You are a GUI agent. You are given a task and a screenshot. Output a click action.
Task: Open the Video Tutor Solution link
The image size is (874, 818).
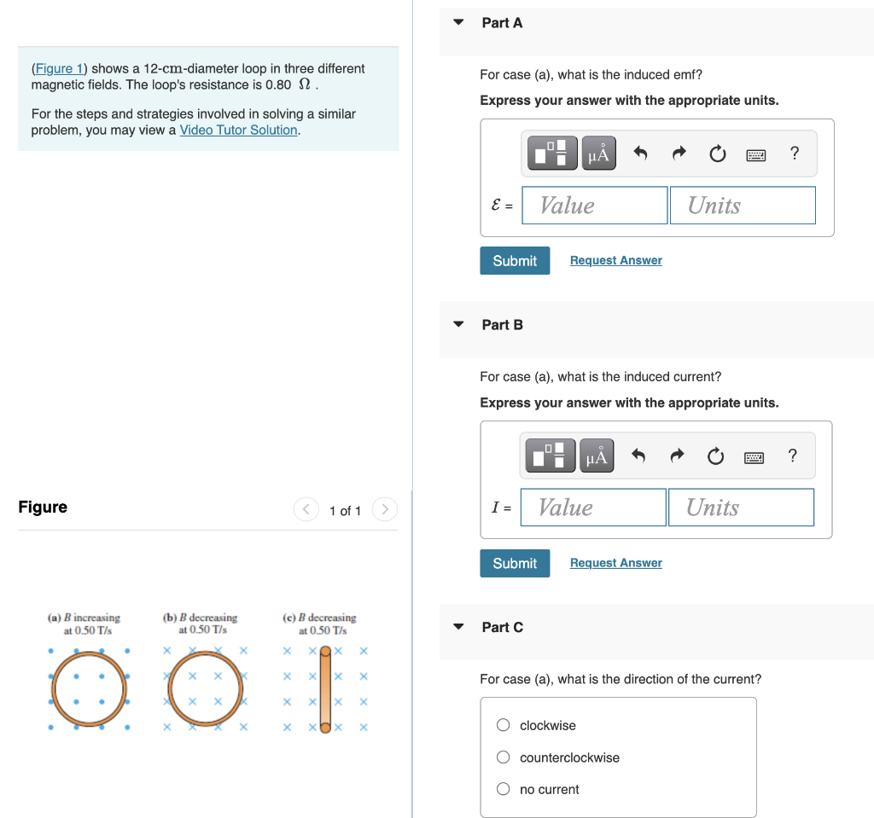(238, 130)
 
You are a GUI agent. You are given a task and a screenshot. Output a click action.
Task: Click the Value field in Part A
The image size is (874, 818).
(594, 206)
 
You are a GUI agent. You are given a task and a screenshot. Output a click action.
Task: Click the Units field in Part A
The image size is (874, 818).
(742, 206)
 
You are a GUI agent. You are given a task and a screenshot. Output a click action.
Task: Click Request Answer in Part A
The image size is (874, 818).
(615, 260)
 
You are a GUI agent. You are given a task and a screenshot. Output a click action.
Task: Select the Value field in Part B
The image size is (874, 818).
(592, 508)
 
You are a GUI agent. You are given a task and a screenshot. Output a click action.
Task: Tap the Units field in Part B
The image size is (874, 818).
(740, 508)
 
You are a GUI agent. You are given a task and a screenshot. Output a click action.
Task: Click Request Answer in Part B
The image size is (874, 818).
(615, 563)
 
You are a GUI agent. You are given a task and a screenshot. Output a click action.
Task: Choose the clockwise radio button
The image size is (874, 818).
(504, 725)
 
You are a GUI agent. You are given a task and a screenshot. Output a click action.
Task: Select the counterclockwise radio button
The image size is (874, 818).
(504, 757)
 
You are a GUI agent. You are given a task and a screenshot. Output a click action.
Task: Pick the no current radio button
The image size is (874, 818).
(504, 789)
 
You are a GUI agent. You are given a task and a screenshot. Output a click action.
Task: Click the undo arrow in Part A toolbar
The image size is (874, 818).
(641, 154)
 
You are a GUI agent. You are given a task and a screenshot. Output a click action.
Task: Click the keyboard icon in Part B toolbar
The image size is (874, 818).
(754, 457)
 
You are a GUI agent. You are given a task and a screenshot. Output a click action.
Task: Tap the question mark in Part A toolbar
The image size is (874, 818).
(795, 154)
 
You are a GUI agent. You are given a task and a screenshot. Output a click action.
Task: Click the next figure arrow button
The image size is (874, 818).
(385, 510)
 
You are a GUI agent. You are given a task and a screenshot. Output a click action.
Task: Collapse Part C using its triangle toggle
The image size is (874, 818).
(458, 627)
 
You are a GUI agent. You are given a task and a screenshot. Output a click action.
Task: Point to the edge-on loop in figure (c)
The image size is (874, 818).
(325, 688)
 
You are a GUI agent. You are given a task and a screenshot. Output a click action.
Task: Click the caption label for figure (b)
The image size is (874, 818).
(201, 624)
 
